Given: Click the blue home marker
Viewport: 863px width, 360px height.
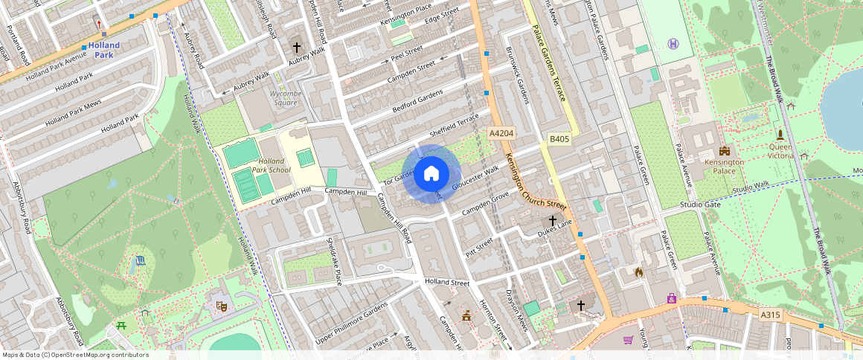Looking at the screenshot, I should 431,174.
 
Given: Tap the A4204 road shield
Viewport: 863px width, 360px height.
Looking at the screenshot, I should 500,132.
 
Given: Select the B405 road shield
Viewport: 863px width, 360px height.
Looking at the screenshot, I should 559,138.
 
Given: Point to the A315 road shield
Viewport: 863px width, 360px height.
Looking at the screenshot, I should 771,315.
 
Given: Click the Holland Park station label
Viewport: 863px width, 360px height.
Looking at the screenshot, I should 103,50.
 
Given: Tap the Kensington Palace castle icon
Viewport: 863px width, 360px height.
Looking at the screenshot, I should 725,151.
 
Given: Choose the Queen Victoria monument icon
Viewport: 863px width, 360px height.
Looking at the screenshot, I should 780,135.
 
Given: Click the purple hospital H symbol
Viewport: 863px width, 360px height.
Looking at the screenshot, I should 673,43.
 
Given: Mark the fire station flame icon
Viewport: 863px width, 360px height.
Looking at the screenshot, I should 638,272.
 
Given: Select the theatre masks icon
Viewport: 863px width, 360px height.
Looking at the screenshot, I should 221,306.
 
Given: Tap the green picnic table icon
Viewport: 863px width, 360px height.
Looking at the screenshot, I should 121,326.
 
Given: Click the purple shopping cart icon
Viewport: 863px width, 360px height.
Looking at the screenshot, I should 628,340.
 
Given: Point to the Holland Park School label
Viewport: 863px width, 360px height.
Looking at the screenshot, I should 270,165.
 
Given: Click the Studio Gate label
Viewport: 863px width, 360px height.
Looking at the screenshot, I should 700,205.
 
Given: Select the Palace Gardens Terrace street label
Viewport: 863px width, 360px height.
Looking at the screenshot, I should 550,64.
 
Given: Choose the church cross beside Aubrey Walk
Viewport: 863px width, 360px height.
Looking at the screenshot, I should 296,47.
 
